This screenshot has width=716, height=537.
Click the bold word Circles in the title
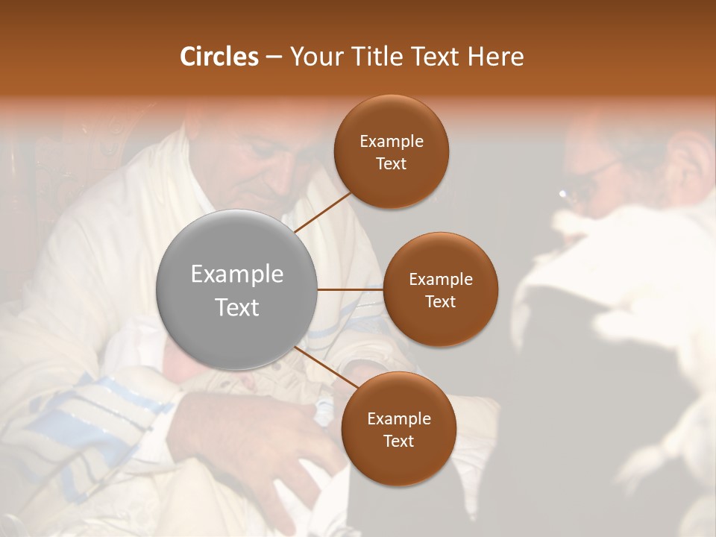pyautogui.click(x=219, y=57)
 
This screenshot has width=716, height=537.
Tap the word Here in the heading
pyautogui.click(x=495, y=57)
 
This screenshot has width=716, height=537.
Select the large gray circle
pyautogui.click(x=237, y=289)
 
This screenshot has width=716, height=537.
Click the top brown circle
pyautogui.click(x=392, y=151)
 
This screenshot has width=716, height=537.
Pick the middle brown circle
pyautogui.click(x=440, y=289)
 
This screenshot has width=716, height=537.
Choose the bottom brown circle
pyautogui.click(x=398, y=429)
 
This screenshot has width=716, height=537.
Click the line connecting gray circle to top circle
pyautogui.click(x=323, y=212)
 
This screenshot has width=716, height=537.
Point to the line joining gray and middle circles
pyautogui.click(x=350, y=289)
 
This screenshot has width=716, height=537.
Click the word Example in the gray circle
pyautogui.click(x=237, y=274)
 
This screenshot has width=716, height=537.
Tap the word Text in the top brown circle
pyautogui.click(x=392, y=163)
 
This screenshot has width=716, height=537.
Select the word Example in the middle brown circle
pyautogui.click(x=440, y=279)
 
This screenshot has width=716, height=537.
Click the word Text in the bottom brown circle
pyautogui.click(x=398, y=441)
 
